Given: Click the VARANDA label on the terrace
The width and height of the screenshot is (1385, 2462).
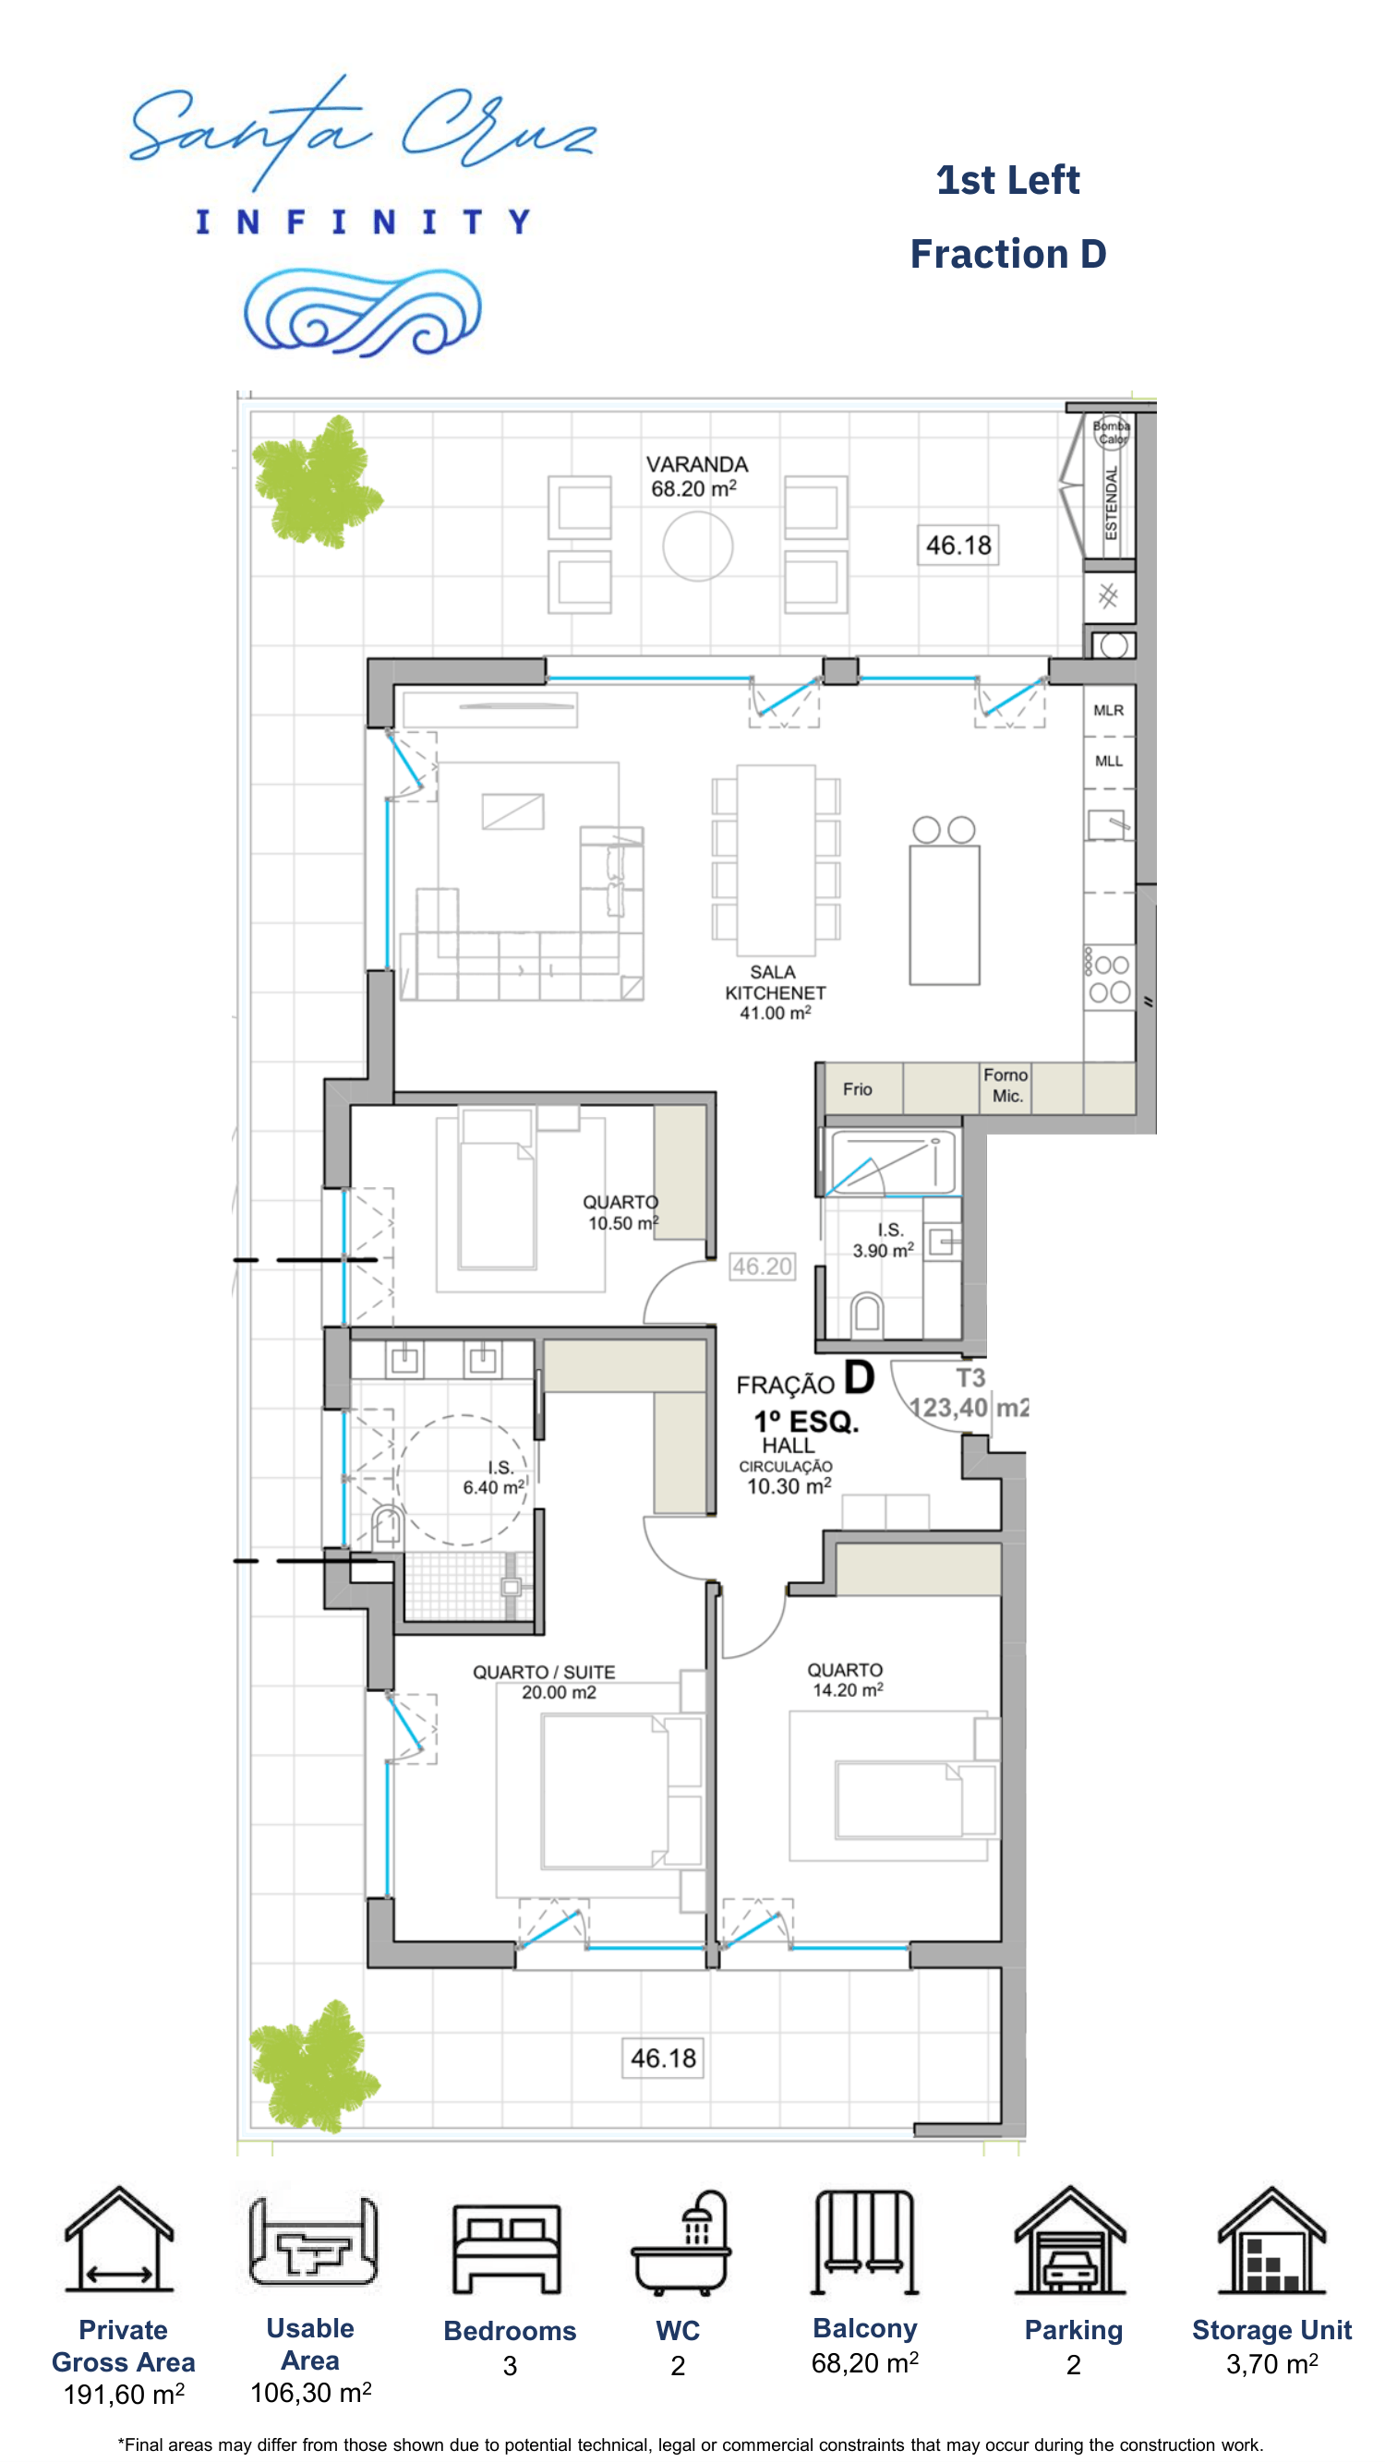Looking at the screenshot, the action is [697, 464].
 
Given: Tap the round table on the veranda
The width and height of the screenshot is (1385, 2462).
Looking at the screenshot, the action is [698, 546].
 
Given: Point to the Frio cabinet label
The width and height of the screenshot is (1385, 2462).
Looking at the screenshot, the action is [858, 1088].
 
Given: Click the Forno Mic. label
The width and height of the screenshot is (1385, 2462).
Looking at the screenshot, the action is [1006, 1086].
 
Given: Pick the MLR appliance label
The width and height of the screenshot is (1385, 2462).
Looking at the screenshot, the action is [1109, 710].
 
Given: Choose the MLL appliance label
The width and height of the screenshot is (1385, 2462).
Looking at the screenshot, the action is [1109, 761].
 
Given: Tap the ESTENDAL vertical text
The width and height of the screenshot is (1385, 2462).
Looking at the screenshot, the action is [1111, 503].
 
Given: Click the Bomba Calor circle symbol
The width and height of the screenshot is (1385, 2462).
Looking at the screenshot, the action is [1112, 433].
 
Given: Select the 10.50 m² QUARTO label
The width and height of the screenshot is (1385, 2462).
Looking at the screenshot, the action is [621, 1213].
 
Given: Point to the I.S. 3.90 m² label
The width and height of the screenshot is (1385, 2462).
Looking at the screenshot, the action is [885, 1240].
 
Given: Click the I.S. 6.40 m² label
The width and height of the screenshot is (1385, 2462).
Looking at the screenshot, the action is [495, 1477].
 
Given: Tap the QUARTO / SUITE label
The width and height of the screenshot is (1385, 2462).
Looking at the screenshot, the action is [544, 1672].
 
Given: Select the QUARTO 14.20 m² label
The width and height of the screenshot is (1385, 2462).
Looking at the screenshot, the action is [846, 1679].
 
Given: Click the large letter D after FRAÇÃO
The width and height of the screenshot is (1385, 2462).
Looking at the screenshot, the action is [860, 1377].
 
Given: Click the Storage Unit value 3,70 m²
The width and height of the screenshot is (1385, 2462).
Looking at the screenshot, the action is [1272, 2363].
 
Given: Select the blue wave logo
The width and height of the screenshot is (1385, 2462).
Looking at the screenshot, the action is [362, 312].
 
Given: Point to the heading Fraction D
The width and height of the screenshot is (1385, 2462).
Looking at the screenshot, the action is [1008, 254].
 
